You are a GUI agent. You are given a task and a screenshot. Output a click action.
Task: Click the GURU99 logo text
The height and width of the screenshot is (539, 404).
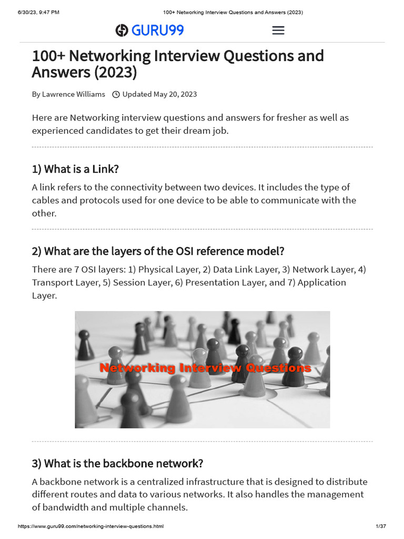coord(157,31)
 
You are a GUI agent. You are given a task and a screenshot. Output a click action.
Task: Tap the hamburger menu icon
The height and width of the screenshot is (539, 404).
coord(278,31)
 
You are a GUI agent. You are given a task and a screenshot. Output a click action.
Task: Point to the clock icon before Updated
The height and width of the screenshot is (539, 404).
coord(116,94)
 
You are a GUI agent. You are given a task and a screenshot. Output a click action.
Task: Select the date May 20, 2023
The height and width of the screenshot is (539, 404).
coord(175,94)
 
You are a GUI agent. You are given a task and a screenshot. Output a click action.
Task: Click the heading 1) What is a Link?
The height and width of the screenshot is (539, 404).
coord(75,169)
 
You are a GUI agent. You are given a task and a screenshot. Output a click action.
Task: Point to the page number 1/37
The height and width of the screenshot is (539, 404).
coord(381,526)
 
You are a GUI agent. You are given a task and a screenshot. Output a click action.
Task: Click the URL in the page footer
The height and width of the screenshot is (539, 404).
coord(91,526)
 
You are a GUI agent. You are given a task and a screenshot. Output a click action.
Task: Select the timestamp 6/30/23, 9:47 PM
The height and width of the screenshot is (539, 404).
coord(38,12)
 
